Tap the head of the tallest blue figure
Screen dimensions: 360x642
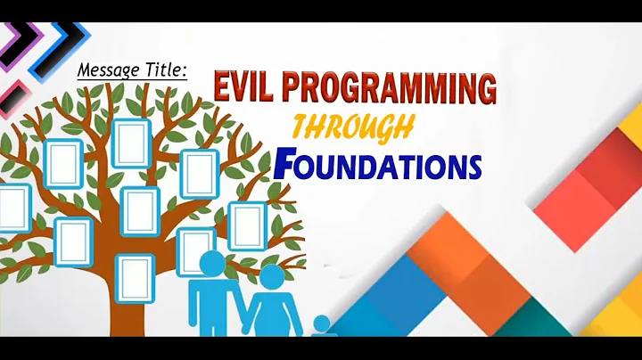pos(211,265)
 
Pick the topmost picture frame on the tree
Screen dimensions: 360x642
pos(131,143)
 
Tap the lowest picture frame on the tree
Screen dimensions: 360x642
pos(135,277)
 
